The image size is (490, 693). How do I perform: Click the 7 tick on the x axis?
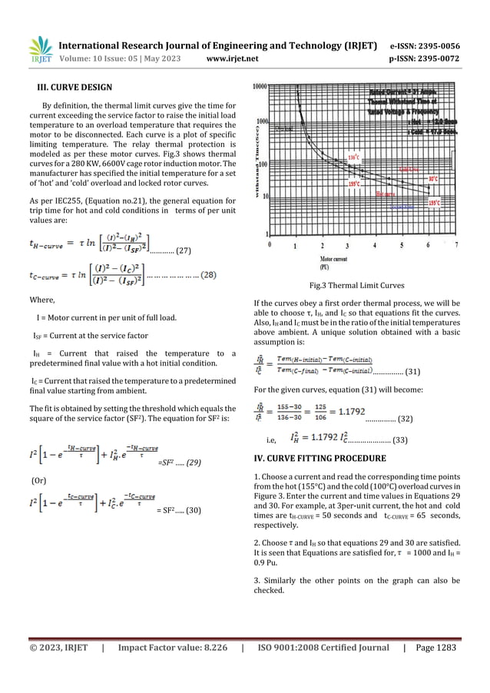point(455,245)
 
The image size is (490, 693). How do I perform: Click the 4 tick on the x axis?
point(375,245)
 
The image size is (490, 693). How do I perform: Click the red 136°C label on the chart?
point(353,157)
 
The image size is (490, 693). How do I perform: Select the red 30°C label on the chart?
point(433,178)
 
